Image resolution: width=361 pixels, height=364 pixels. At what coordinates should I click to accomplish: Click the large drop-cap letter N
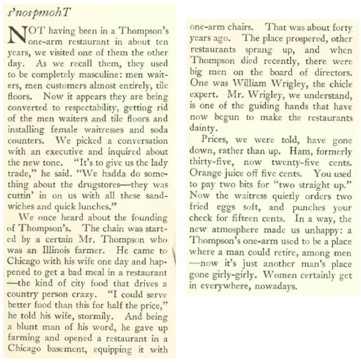click(17, 39)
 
